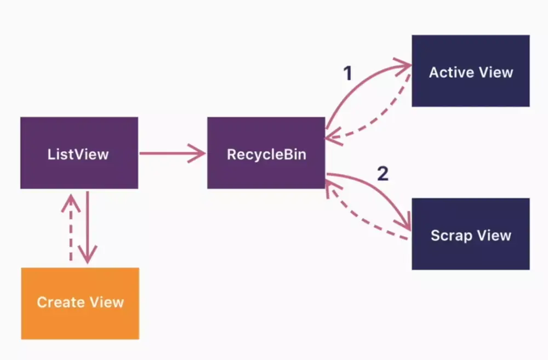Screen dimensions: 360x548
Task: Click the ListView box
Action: (x=79, y=153)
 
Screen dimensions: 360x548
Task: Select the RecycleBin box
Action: (x=266, y=153)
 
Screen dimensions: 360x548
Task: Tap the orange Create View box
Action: (x=80, y=303)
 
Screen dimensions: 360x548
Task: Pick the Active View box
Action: (x=470, y=71)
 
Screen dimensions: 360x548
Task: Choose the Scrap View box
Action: (x=470, y=234)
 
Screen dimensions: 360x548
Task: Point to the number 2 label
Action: (x=383, y=174)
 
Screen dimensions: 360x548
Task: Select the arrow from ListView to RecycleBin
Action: (x=170, y=153)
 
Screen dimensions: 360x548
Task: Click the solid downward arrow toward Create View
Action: (x=87, y=225)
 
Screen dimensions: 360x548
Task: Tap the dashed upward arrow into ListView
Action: (x=70, y=230)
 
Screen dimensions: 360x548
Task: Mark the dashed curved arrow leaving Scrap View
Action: (x=362, y=219)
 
